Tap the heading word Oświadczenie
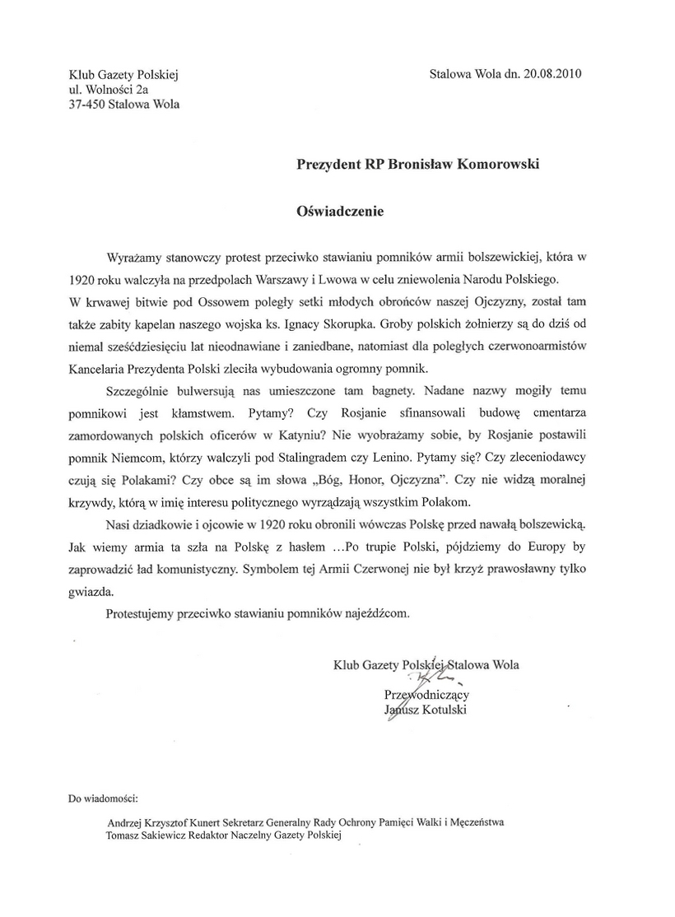coord(340,210)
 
